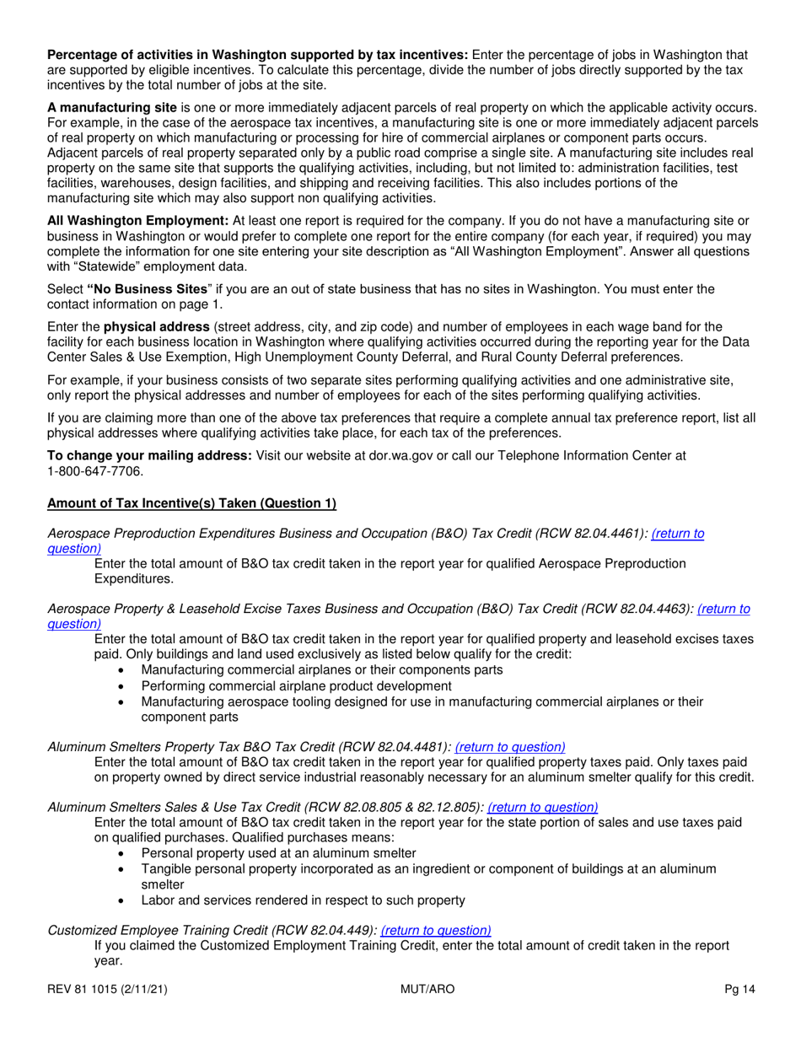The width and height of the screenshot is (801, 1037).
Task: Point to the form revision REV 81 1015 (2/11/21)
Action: tap(112, 991)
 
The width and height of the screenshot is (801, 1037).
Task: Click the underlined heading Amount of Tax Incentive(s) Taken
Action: tap(191, 504)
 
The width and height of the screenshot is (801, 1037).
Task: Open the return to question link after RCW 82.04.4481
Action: tap(510, 746)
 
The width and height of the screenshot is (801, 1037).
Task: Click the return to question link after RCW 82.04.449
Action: tap(436, 930)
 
